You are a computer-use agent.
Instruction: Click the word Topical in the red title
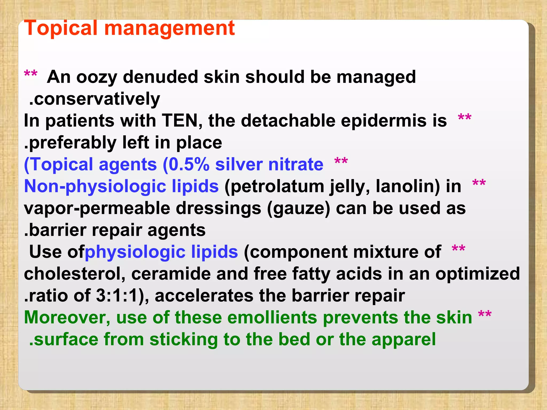(60, 28)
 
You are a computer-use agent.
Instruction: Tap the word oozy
(97, 77)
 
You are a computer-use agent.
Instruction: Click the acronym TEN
(182, 121)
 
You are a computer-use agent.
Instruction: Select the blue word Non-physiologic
(95, 186)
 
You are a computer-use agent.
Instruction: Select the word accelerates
(204, 296)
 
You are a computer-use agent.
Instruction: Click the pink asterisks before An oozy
(31, 74)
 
